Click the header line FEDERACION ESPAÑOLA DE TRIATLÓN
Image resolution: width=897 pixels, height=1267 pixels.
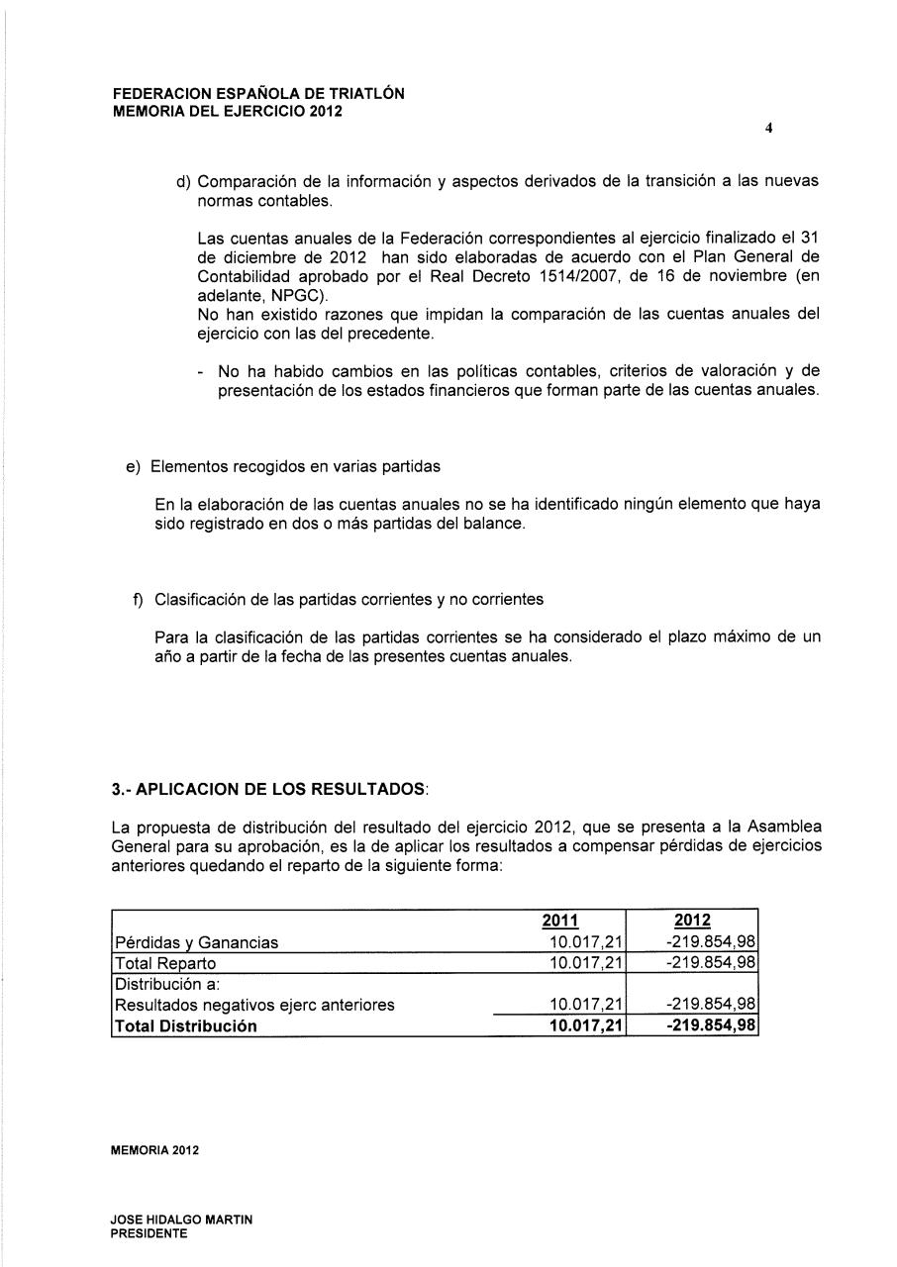[x=258, y=94]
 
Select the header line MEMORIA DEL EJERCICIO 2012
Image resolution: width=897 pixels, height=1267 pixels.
[x=227, y=111]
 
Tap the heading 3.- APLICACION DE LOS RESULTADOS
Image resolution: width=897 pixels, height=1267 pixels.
[x=270, y=791]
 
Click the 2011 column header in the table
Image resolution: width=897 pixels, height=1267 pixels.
[x=560, y=921]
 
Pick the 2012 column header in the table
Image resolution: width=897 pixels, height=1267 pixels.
[x=692, y=921]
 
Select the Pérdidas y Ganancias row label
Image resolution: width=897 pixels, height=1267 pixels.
[x=197, y=943]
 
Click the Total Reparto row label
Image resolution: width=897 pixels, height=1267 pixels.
[x=166, y=963]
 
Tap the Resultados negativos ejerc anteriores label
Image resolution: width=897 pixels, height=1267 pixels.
[x=255, y=1005]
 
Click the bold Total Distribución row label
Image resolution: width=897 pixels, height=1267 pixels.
[x=186, y=1026]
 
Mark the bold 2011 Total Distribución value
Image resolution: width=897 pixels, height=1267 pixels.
[x=586, y=1026]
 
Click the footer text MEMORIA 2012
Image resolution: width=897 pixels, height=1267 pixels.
[x=155, y=1151]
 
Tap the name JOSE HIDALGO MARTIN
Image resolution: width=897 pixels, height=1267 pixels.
[x=181, y=1219]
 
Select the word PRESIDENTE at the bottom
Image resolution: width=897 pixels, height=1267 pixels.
[x=149, y=1233]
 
